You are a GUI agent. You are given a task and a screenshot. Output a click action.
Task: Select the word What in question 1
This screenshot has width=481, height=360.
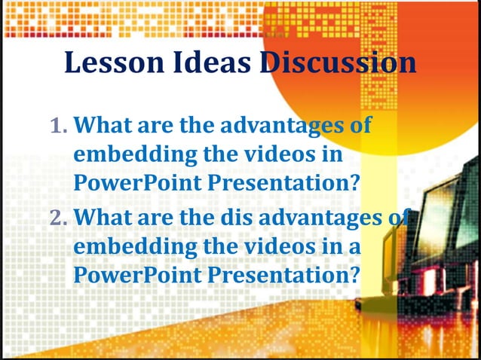click(106, 125)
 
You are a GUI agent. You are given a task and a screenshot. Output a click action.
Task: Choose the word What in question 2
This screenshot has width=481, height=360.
click(106, 218)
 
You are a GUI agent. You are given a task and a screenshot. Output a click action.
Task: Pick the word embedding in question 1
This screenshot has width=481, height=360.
click(128, 154)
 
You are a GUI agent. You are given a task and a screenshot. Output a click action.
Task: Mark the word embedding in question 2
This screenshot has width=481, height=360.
click(128, 248)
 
